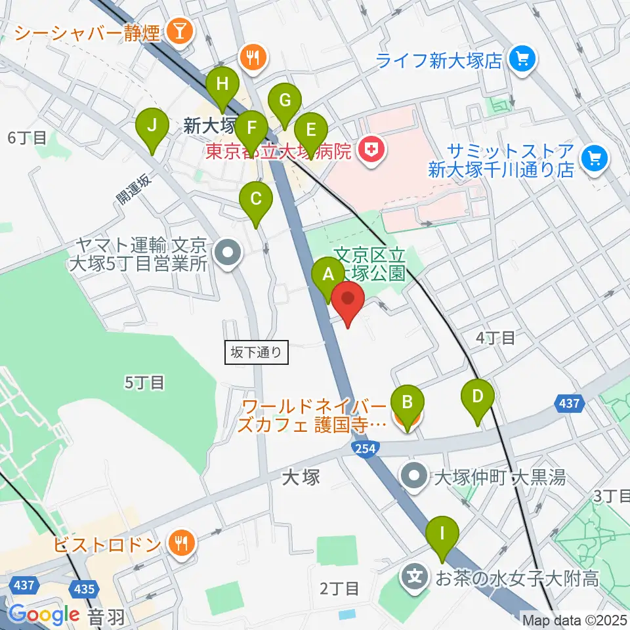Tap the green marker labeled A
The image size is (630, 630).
click(x=327, y=276)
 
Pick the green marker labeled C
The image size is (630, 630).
click(x=256, y=199)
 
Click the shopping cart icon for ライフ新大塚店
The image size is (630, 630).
click(x=523, y=60)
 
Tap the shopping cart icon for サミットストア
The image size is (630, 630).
click(x=595, y=158)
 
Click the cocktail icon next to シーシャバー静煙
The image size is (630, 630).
click(x=178, y=31)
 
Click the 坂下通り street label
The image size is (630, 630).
click(x=257, y=352)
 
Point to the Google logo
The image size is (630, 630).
click(x=43, y=615)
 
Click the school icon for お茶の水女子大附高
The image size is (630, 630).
click(x=415, y=578)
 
